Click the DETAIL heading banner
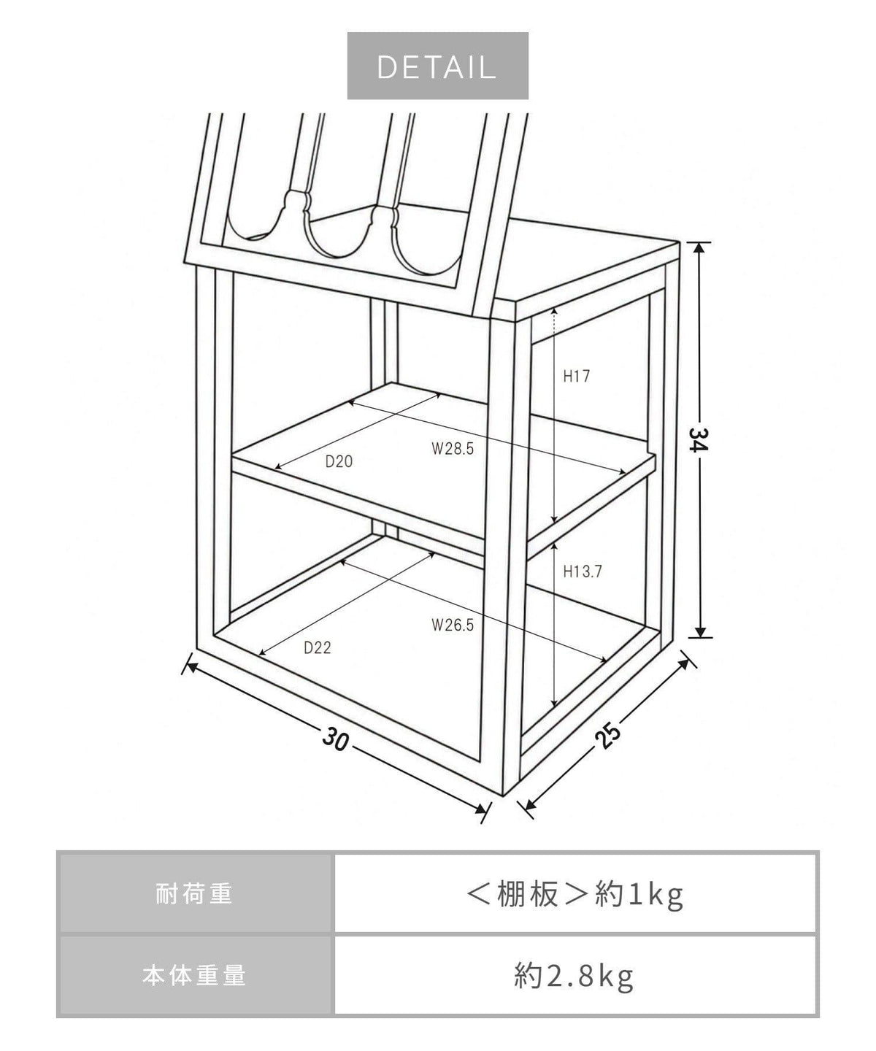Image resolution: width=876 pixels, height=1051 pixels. [x=437, y=66]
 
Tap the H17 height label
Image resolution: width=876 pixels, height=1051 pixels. [x=577, y=376]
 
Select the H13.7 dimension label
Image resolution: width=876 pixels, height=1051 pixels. [x=583, y=571]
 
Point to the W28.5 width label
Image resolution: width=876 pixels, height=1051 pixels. [x=453, y=448]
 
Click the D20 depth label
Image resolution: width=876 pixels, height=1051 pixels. [x=339, y=461]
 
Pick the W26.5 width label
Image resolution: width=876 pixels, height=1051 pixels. [x=453, y=625]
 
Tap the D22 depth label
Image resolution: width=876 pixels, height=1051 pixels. [x=317, y=647]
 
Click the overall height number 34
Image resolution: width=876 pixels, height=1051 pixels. [x=699, y=439]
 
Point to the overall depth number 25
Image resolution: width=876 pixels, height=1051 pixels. [x=607, y=735]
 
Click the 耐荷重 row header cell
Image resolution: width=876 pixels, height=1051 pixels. [x=195, y=893]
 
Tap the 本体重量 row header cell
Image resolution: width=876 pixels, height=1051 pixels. [x=195, y=975]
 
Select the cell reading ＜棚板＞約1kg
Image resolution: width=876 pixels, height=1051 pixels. [x=575, y=893]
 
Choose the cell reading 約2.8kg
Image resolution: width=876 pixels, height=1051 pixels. [x=575, y=975]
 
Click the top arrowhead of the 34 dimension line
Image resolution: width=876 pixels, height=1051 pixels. [x=699, y=247]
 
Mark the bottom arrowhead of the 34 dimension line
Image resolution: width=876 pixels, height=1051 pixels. [x=699, y=631]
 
